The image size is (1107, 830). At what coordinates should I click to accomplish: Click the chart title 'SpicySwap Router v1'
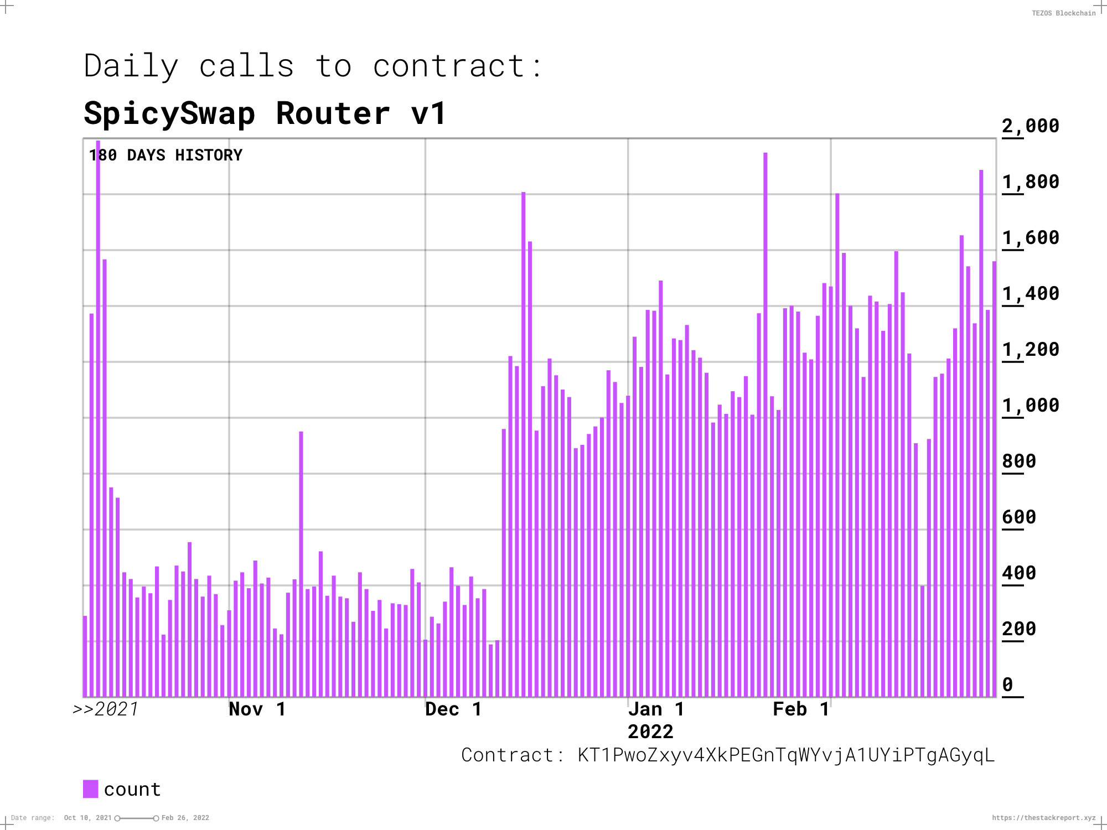(x=265, y=114)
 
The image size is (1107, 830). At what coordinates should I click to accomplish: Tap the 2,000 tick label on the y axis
(x=1030, y=126)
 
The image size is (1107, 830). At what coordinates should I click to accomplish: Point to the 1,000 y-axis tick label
(x=1030, y=406)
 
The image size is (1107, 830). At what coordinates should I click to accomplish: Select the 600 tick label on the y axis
(x=1018, y=517)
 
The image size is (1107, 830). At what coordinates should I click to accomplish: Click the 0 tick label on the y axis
(x=1007, y=685)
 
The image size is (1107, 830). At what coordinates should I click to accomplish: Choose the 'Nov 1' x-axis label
(x=257, y=709)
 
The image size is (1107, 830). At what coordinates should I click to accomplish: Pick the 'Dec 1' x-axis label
(x=453, y=709)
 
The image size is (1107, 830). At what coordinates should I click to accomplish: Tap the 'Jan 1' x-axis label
(x=656, y=709)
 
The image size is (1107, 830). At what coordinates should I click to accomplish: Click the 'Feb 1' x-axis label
(x=801, y=709)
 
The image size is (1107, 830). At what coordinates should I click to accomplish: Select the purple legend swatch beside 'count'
(x=90, y=789)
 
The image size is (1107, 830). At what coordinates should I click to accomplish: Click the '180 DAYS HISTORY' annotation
(x=165, y=155)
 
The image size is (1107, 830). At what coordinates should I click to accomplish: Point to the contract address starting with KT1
(x=785, y=755)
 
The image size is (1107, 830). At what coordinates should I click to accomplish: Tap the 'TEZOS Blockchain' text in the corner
(x=1063, y=13)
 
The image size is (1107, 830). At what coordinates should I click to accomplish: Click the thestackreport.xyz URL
(x=1043, y=818)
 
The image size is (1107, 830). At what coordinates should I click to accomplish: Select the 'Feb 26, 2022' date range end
(x=185, y=818)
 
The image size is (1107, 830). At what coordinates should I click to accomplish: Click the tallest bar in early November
(x=301, y=564)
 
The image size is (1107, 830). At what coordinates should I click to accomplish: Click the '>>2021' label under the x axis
(x=106, y=709)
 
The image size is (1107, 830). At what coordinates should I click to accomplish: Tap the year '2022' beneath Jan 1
(x=650, y=732)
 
